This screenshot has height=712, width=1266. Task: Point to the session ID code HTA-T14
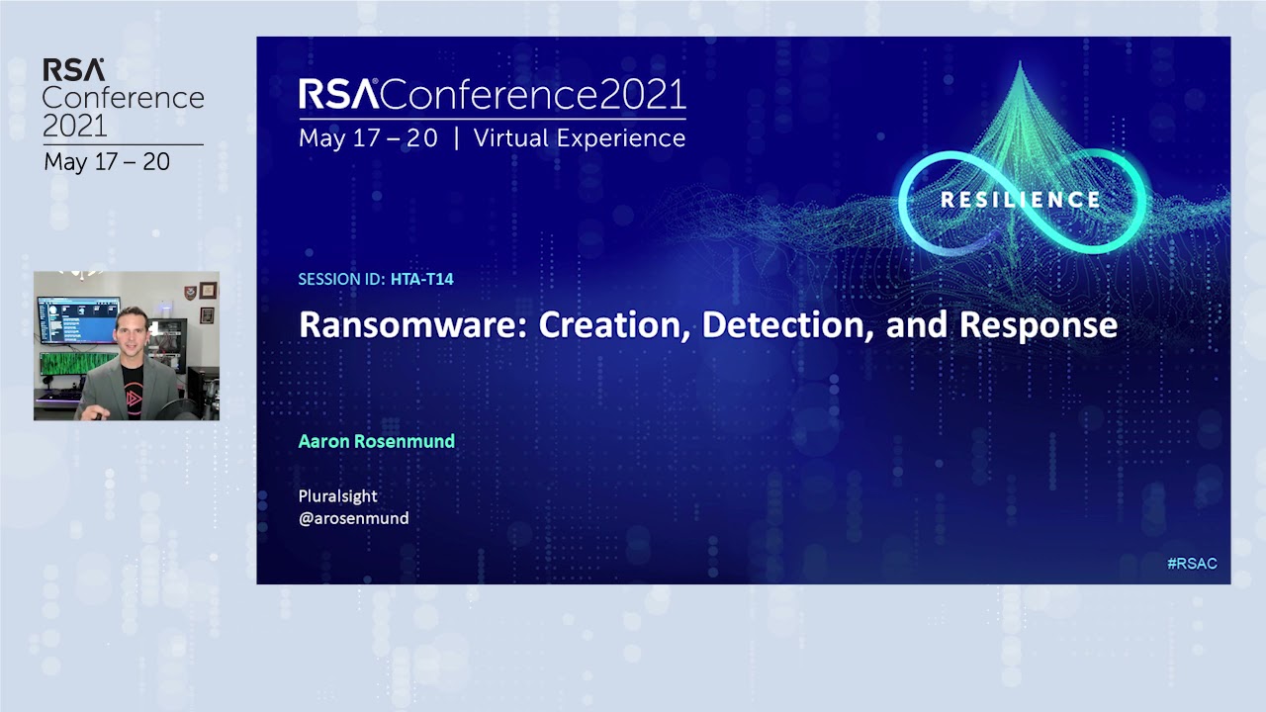tap(421, 279)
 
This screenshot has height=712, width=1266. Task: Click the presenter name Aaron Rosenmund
tap(376, 441)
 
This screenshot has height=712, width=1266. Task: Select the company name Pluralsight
tap(337, 495)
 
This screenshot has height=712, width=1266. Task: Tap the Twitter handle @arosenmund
tap(353, 517)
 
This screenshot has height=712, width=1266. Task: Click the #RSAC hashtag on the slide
tap(1191, 564)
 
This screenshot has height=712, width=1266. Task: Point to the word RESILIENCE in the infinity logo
tap(1020, 200)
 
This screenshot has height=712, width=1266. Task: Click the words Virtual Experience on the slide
tap(579, 138)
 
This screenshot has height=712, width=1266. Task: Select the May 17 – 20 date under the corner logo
tap(107, 162)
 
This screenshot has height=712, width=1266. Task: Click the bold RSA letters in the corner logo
tap(73, 70)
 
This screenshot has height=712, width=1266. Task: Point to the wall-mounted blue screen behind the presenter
tap(78, 319)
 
